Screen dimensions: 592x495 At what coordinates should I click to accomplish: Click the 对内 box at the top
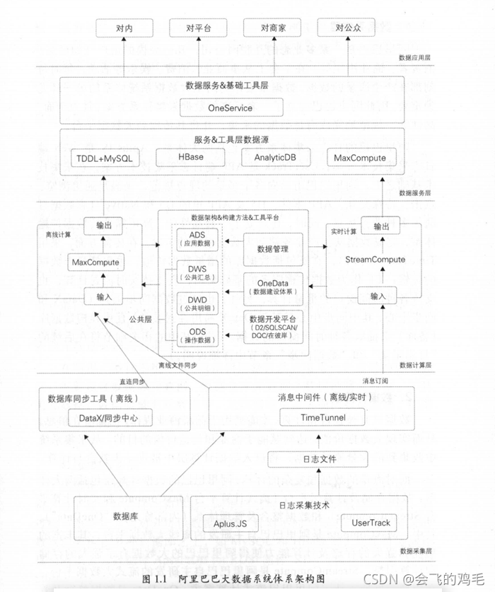point(124,28)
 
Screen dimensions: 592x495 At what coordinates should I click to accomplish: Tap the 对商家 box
point(272,28)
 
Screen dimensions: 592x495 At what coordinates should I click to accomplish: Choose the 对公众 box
point(346,28)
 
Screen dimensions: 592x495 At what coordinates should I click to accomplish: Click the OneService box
point(231,108)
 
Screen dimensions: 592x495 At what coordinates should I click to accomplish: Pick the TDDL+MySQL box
point(103,158)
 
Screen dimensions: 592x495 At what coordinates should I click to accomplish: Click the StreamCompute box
point(375,260)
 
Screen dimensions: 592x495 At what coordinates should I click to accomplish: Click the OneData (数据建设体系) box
point(272,287)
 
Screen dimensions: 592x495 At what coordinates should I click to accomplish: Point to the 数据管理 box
point(272,250)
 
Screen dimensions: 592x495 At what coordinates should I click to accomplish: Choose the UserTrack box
point(371,523)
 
